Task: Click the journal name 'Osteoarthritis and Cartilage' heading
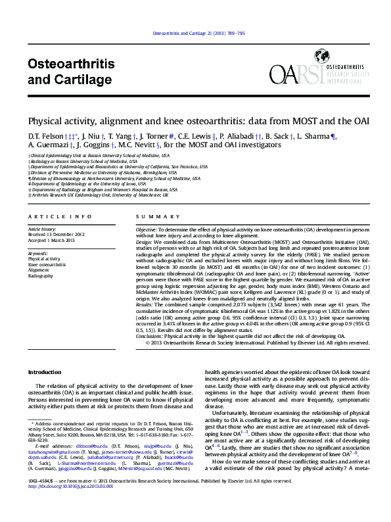(71, 72)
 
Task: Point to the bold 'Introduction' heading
(44, 372)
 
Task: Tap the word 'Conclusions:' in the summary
(149, 335)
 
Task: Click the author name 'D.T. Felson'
(45, 135)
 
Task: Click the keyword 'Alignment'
(38, 270)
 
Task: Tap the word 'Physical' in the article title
(45, 122)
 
